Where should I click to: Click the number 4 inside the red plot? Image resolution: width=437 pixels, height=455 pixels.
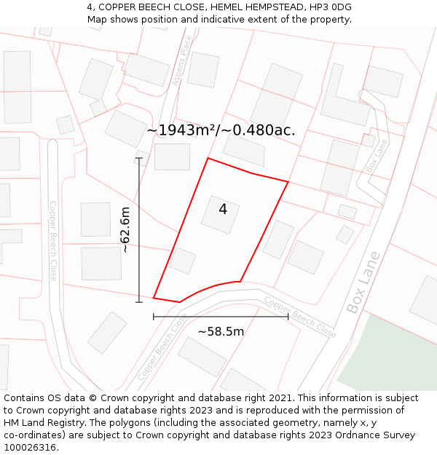click(223, 209)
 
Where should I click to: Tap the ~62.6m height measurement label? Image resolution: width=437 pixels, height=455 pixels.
click(125, 230)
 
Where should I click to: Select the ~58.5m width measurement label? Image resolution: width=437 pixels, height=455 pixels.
click(221, 331)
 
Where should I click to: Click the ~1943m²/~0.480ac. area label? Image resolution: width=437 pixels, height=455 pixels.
click(221, 130)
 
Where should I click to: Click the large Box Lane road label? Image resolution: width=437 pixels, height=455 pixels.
click(363, 282)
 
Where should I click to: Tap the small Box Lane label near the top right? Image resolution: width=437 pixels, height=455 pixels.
click(377, 156)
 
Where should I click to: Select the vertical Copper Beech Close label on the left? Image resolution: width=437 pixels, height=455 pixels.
click(53, 241)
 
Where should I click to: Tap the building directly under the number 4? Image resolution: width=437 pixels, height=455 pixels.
click(220, 215)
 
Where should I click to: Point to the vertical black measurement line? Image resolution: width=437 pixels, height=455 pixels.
click(139, 230)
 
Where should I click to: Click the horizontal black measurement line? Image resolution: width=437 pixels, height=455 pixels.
click(221, 317)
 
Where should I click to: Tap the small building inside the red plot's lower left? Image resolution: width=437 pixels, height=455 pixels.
click(182, 261)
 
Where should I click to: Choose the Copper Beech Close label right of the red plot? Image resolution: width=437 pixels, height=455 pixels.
click(300, 317)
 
